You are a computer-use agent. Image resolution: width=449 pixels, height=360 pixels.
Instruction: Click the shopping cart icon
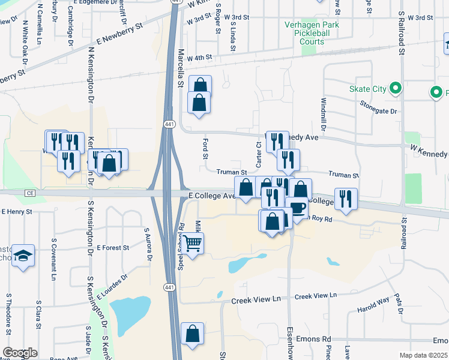pos(193,244)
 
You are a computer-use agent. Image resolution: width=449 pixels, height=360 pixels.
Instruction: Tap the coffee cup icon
pos(297,208)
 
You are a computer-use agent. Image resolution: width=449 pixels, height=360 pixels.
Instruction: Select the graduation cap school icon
pos(23,255)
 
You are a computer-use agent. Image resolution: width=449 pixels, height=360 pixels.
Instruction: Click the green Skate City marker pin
pos(395,89)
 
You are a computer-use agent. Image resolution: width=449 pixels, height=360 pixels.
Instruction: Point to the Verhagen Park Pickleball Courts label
pos(308,32)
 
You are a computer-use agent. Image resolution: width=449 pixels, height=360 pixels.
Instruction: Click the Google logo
pos(20,353)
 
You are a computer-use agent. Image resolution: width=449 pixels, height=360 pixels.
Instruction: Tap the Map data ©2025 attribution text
pos(424,355)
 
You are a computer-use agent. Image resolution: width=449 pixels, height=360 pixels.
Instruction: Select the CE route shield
pos(30,193)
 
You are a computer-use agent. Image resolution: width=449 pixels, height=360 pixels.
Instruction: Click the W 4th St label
pos(200,58)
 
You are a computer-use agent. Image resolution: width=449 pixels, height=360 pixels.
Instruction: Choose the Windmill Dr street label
pos(323,115)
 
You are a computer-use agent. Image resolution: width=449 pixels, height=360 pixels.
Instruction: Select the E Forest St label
pos(112,247)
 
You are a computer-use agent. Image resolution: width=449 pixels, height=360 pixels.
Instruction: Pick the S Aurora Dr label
pos(146,245)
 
